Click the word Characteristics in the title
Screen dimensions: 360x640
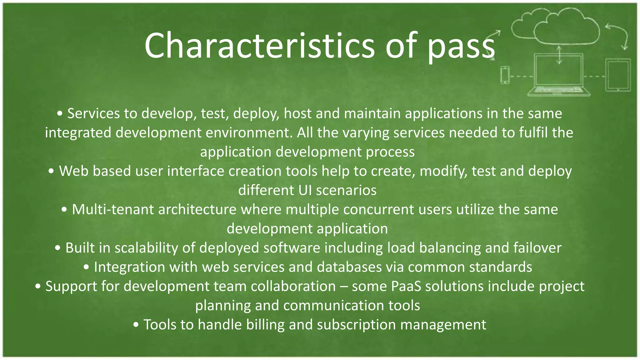tap(259, 46)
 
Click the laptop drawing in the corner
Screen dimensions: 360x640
tap(559, 75)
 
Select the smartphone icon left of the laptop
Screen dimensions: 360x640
tap(505, 75)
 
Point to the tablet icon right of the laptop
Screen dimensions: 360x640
tap(618, 75)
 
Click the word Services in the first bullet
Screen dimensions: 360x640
tap(93, 113)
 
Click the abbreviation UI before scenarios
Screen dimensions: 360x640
tap(305, 190)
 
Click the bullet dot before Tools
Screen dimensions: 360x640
tap(136, 325)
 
